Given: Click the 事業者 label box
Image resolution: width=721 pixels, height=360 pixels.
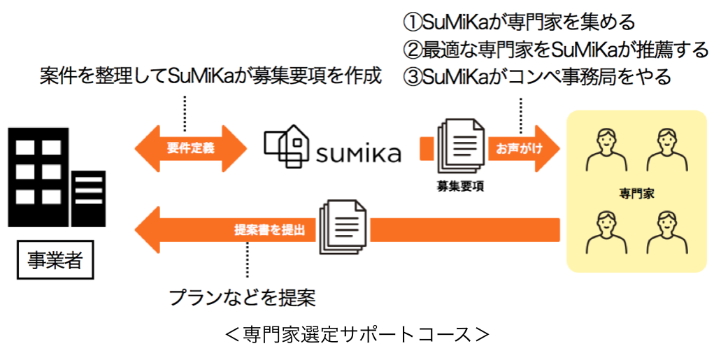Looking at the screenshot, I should [55, 261].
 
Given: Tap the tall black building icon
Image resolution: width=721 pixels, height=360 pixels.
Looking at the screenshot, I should [39, 175].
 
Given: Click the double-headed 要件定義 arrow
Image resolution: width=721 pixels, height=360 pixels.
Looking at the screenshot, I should [190, 148].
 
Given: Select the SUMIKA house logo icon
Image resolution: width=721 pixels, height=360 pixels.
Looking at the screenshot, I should [287, 147].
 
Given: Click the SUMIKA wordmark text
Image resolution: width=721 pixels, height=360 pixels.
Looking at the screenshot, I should [358, 152].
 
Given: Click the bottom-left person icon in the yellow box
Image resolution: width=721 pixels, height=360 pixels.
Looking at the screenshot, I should [605, 231].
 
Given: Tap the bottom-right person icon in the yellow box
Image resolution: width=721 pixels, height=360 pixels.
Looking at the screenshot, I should [665, 231].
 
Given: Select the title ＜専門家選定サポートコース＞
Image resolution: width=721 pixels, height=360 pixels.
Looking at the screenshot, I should [357, 333].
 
